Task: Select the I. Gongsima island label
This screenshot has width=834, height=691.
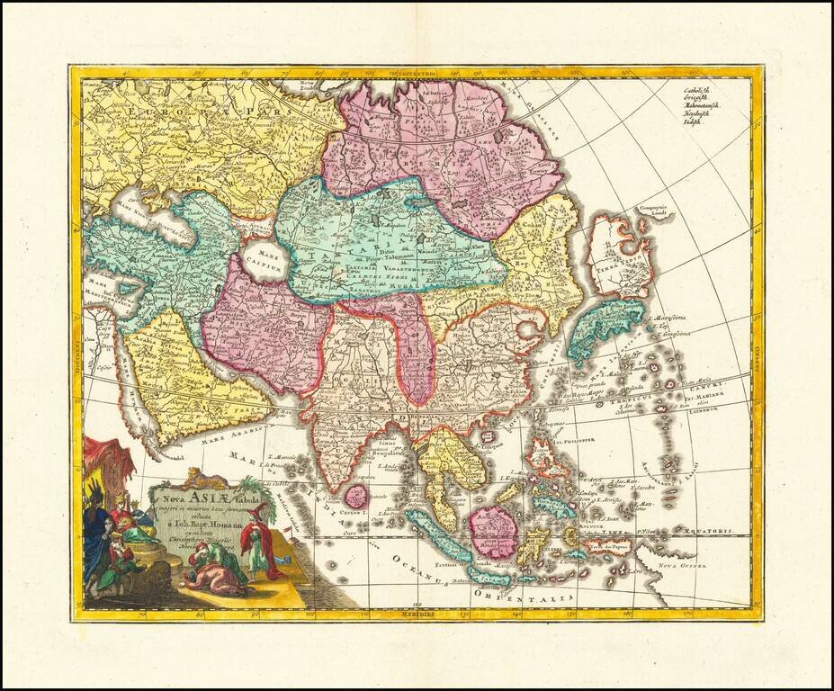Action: pyautogui.click(x=665, y=332)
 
